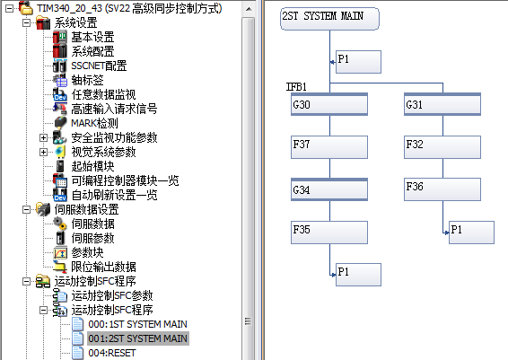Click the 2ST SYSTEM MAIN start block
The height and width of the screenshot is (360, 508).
pos(329,19)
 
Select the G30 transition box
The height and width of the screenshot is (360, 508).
pos(329,104)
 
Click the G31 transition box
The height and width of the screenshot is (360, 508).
pos(442,104)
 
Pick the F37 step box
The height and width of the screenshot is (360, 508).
pos(329,147)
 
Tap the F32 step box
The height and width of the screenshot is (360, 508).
pos(442,147)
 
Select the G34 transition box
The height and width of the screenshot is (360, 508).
pos(329,189)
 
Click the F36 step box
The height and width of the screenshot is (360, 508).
pos(442,189)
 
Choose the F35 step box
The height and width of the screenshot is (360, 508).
pos(329,233)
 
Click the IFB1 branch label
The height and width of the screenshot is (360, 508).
pos(296,87)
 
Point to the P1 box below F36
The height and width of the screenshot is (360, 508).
pos(471,233)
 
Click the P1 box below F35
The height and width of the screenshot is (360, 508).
pos(358,275)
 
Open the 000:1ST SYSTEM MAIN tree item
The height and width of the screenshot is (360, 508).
pos(137,324)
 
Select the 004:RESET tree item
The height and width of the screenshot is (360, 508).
pos(112,353)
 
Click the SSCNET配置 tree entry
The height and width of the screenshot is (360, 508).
pos(99,66)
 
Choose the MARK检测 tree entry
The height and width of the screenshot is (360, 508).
pos(94,124)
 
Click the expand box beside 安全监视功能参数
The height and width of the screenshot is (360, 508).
pos(43,137)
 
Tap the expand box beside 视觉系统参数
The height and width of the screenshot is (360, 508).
pos(43,152)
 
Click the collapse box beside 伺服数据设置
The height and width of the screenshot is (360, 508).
pos(26,209)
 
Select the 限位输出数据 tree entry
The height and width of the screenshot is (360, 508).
pos(104,267)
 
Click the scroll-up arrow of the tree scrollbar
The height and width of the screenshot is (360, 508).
pos(249,9)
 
